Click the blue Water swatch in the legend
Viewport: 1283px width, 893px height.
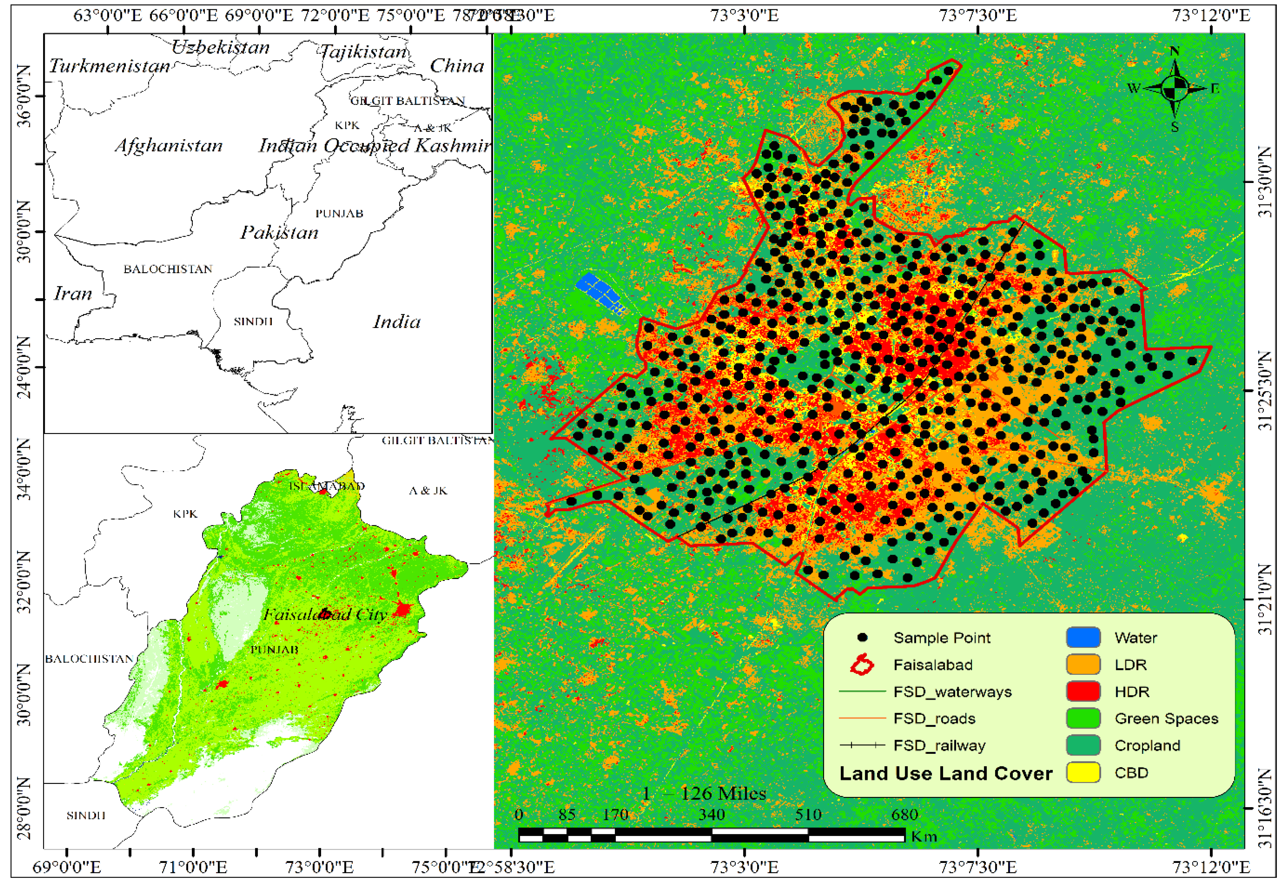click(x=1083, y=637)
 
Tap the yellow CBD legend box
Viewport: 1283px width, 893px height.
click(x=1083, y=772)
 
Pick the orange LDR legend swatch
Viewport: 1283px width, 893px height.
click(x=1083, y=665)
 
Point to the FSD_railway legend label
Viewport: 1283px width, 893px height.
click(x=939, y=746)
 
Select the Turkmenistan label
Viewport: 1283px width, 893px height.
click(x=109, y=66)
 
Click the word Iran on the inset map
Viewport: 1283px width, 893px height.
click(x=72, y=293)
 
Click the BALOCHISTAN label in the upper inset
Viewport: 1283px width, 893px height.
click(x=168, y=269)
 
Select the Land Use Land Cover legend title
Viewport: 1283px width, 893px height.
click(x=945, y=773)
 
